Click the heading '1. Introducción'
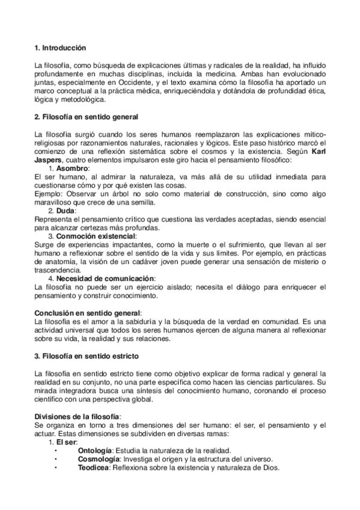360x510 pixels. tap(60, 47)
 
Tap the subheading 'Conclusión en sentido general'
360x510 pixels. tap(87, 313)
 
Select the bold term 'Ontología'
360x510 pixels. tap(95, 450)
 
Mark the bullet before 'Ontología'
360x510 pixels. tap(55, 450)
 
